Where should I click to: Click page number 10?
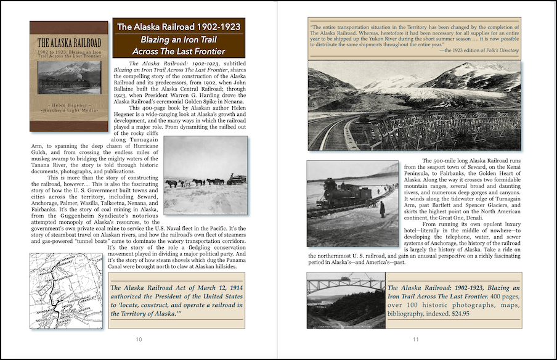(x=139, y=340)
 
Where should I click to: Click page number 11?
(x=416, y=340)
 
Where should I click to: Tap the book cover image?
(x=68, y=76)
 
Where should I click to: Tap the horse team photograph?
(x=206, y=174)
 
